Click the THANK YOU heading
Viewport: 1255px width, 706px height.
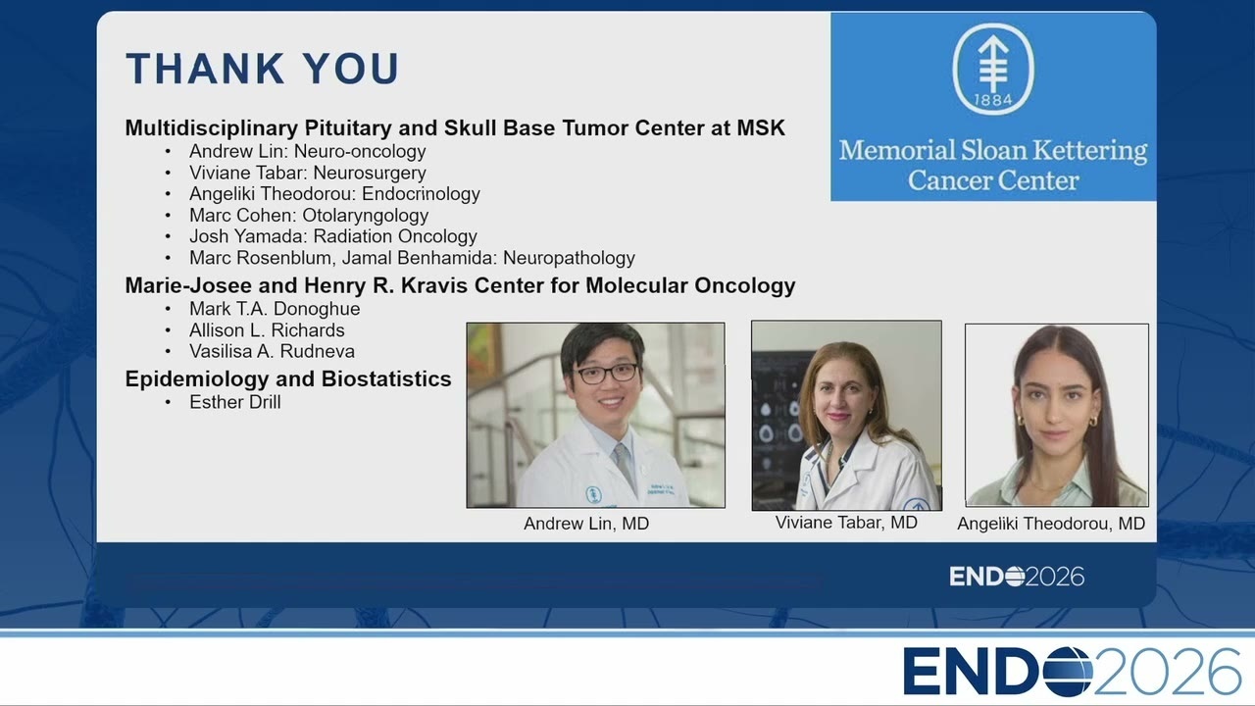pyautogui.click(x=262, y=69)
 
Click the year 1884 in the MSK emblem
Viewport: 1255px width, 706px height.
pyautogui.click(x=993, y=100)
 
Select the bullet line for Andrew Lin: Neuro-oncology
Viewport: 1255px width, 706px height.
pyautogui.click(x=307, y=151)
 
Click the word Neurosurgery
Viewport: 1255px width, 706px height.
pyautogui.click(x=370, y=174)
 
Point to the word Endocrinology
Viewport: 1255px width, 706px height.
pyautogui.click(x=421, y=194)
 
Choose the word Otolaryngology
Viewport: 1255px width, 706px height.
pyautogui.click(x=366, y=216)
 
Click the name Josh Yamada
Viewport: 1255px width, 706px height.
pyautogui.click(x=248, y=236)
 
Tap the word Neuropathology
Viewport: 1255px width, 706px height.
pyautogui.click(x=569, y=258)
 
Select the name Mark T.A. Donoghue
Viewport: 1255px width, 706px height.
pyautogui.click(x=275, y=309)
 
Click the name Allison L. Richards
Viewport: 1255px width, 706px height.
pyautogui.click(x=267, y=330)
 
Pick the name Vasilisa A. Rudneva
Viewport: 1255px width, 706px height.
pyautogui.click(x=272, y=351)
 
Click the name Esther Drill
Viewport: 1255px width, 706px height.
pyautogui.click(x=234, y=402)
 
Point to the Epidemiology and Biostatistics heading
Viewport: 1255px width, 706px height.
pyautogui.click(x=288, y=379)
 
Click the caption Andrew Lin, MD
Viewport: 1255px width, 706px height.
pyautogui.click(x=586, y=524)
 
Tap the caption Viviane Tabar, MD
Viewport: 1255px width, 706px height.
pyautogui.click(x=846, y=523)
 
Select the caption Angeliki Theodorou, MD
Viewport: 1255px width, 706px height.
pyautogui.click(x=1051, y=524)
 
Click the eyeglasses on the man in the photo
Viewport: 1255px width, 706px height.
pyautogui.click(x=606, y=374)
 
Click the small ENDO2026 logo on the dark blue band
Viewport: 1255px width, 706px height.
pyautogui.click(x=1017, y=577)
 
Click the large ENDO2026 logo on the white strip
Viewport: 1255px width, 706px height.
pyautogui.click(x=1072, y=672)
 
